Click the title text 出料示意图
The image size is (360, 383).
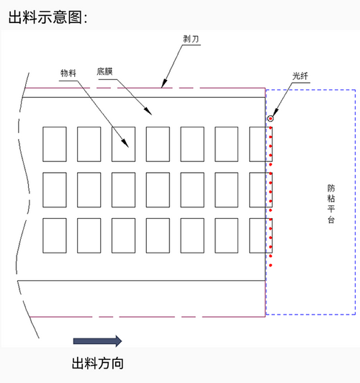click(x=45, y=17)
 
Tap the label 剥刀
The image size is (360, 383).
click(x=191, y=39)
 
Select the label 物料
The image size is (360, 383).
click(x=68, y=73)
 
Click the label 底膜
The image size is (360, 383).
click(x=104, y=71)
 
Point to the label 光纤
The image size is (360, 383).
click(x=300, y=76)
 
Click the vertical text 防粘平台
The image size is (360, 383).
click(x=331, y=204)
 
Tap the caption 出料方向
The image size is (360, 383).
click(x=98, y=364)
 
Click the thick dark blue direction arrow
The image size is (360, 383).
click(x=97, y=341)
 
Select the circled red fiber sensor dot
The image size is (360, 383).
click(x=270, y=119)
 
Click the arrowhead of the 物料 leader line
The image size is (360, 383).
click(x=126, y=144)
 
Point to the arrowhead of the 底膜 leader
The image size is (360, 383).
click(x=149, y=112)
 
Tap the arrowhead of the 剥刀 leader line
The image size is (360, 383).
click(x=163, y=84)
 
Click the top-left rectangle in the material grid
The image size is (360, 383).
click(x=55, y=144)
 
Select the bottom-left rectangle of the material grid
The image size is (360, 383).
click(x=55, y=235)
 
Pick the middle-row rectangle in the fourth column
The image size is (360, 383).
click(x=158, y=190)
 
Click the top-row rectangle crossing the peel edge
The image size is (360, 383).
click(x=261, y=144)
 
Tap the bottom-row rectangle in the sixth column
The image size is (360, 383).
click(x=226, y=235)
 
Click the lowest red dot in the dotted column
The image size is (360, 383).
click(x=271, y=265)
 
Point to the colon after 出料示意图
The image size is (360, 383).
click(x=86, y=19)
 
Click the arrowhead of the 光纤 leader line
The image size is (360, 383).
click(x=275, y=113)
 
